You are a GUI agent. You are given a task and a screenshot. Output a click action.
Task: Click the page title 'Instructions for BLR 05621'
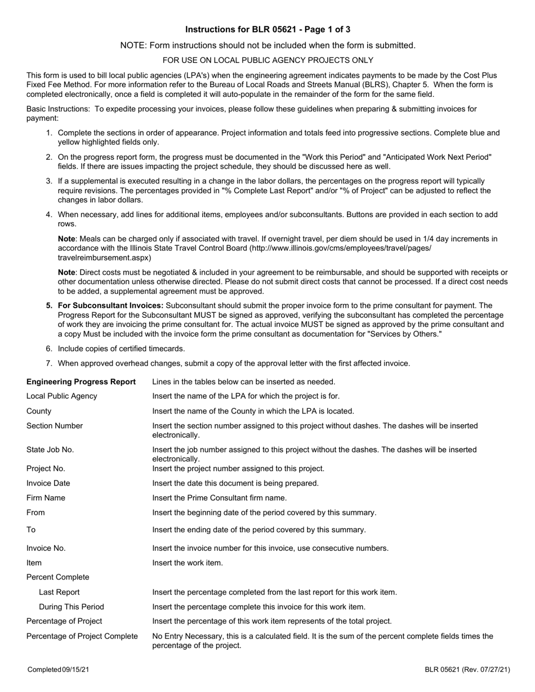coord(267,29)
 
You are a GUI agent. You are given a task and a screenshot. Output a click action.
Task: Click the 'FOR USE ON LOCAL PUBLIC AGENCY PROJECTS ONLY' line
coord(267,60)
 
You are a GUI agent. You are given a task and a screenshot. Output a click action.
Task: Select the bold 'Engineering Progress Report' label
coord(81,382)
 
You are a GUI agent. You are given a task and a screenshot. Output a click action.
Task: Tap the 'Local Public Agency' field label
coord(62,396)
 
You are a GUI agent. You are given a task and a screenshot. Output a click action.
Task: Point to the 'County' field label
coord(39,411)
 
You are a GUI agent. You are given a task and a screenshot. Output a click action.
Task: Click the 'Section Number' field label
coord(55,426)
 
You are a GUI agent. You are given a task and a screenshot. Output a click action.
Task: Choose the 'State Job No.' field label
coord(50,450)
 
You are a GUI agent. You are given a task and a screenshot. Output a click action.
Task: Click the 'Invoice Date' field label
coord(48,483)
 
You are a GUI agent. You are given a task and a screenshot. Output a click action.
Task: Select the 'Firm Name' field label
coord(46,497)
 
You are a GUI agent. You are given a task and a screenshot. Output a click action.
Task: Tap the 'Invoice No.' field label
coord(46,548)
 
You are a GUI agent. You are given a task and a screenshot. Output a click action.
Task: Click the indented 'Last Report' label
coord(59,592)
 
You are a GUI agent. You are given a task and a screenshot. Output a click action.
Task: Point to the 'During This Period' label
coord(72,606)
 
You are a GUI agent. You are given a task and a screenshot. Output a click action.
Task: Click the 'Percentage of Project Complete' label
coord(82,636)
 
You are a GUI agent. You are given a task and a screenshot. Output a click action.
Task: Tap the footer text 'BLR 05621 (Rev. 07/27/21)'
coord(467,669)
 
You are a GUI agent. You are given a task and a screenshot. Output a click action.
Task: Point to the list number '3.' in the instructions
coord(50,181)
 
